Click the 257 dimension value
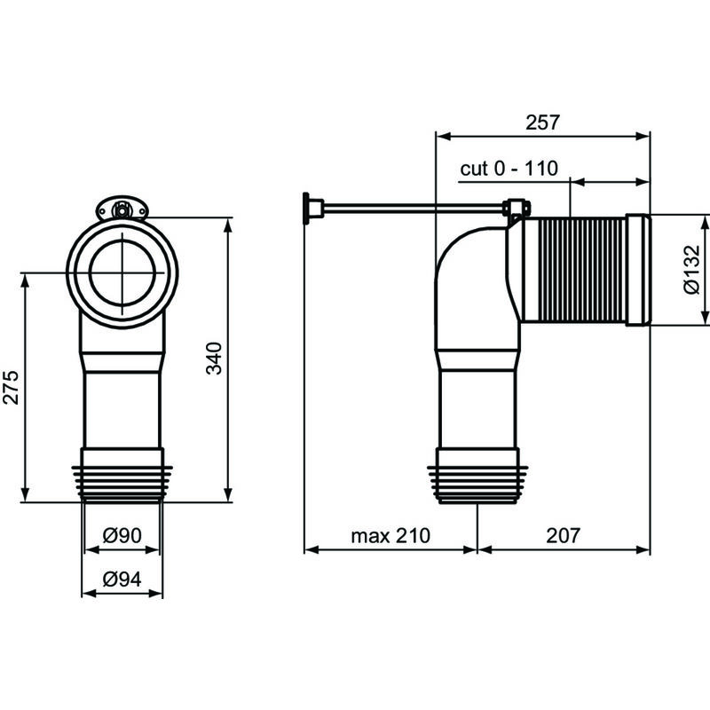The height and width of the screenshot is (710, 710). pyautogui.click(x=542, y=122)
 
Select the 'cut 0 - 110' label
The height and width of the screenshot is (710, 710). pyautogui.click(x=509, y=169)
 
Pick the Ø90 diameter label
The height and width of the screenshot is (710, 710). pyautogui.click(x=122, y=536)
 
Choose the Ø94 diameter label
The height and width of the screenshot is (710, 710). pyautogui.click(x=122, y=579)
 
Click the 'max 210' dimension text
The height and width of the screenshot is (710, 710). pyautogui.click(x=390, y=535)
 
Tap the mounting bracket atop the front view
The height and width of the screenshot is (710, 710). pyautogui.click(x=122, y=210)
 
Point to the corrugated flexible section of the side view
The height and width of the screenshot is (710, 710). pyautogui.click(x=573, y=270)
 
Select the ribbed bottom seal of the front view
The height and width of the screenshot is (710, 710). pyautogui.click(x=122, y=484)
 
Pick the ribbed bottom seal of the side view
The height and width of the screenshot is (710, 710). pyautogui.click(x=477, y=484)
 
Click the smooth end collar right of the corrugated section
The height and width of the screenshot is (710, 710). pyautogui.click(x=638, y=270)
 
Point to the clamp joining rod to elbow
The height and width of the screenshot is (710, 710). pyautogui.click(x=516, y=209)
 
